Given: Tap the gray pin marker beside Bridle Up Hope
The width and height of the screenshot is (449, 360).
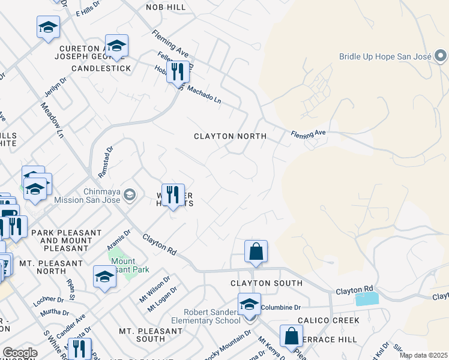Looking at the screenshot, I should pyautogui.click(x=441, y=56).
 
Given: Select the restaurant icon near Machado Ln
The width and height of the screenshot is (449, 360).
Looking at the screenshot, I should pyautogui.click(x=178, y=74).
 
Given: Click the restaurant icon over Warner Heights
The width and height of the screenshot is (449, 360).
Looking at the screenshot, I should pyautogui.click(x=173, y=194).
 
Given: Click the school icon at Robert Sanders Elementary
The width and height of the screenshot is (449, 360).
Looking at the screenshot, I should pyautogui.click(x=249, y=305).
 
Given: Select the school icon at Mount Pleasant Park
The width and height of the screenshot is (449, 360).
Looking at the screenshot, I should pyautogui.click(x=104, y=277).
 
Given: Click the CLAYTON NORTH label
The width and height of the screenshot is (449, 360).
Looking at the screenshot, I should pyautogui.click(x=230, y=136).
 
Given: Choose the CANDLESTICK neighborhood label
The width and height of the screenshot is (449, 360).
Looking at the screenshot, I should pyautogui.click(x=101, y=68).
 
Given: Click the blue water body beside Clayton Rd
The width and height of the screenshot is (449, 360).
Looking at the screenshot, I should pyautogui.click(x=367, y=299).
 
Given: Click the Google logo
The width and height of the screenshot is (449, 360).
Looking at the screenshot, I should pyautogui.click(x=20, y=353).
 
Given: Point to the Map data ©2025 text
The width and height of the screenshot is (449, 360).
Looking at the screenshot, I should pyautogui.click(x=423, y=355).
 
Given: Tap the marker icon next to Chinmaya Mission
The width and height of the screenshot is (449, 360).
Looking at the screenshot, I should pyautogui.click(x=130, y=194).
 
